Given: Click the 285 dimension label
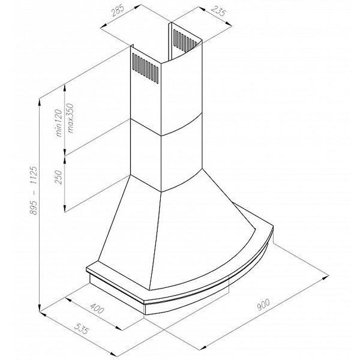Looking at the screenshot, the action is click(118, 11).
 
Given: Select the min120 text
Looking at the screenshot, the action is click(59, 123).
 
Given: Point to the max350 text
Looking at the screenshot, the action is click(71, 118).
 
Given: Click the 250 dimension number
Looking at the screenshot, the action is click(59, 177).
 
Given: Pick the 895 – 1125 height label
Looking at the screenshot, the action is click(34, 190).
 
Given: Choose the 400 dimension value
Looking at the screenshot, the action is click(97, 308).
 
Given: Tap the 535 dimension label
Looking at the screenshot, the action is click(82, 328).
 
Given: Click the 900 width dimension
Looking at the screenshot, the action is click(263, 305).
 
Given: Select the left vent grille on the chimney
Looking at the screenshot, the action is click(145, 68).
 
